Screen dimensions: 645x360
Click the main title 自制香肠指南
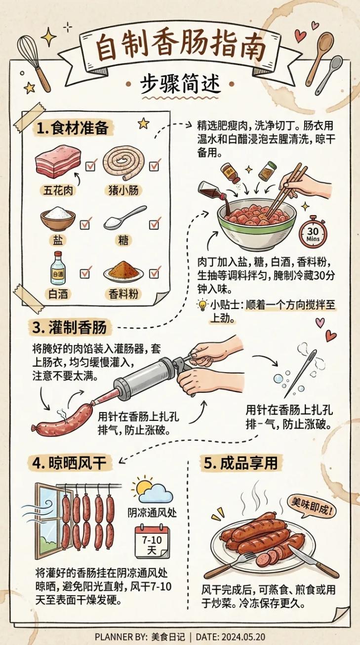pos(180,48)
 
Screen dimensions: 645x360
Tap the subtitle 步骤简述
pos(180,84)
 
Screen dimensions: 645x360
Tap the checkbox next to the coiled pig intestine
pos(155,165)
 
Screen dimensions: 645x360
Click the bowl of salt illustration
pos(58,219)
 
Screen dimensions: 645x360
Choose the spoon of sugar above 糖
pos(124,218)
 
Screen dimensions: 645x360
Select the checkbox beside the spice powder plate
pos(155,272)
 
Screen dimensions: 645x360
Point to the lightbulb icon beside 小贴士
pos(202,305)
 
